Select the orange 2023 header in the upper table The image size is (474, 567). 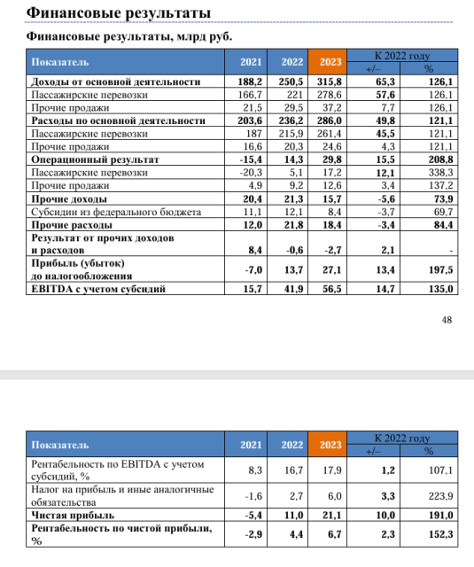pyautogui.click(x=330, y=61)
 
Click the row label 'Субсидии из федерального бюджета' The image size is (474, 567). pyautogui.click(x=115, y=213)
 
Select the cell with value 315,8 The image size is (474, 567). pyautogui.click(x=330, y=82)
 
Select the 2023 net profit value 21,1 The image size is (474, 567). pyautogui.click(x=330, y=514)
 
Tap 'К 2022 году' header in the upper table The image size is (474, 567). pyautogui.click(x=402, y=55)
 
